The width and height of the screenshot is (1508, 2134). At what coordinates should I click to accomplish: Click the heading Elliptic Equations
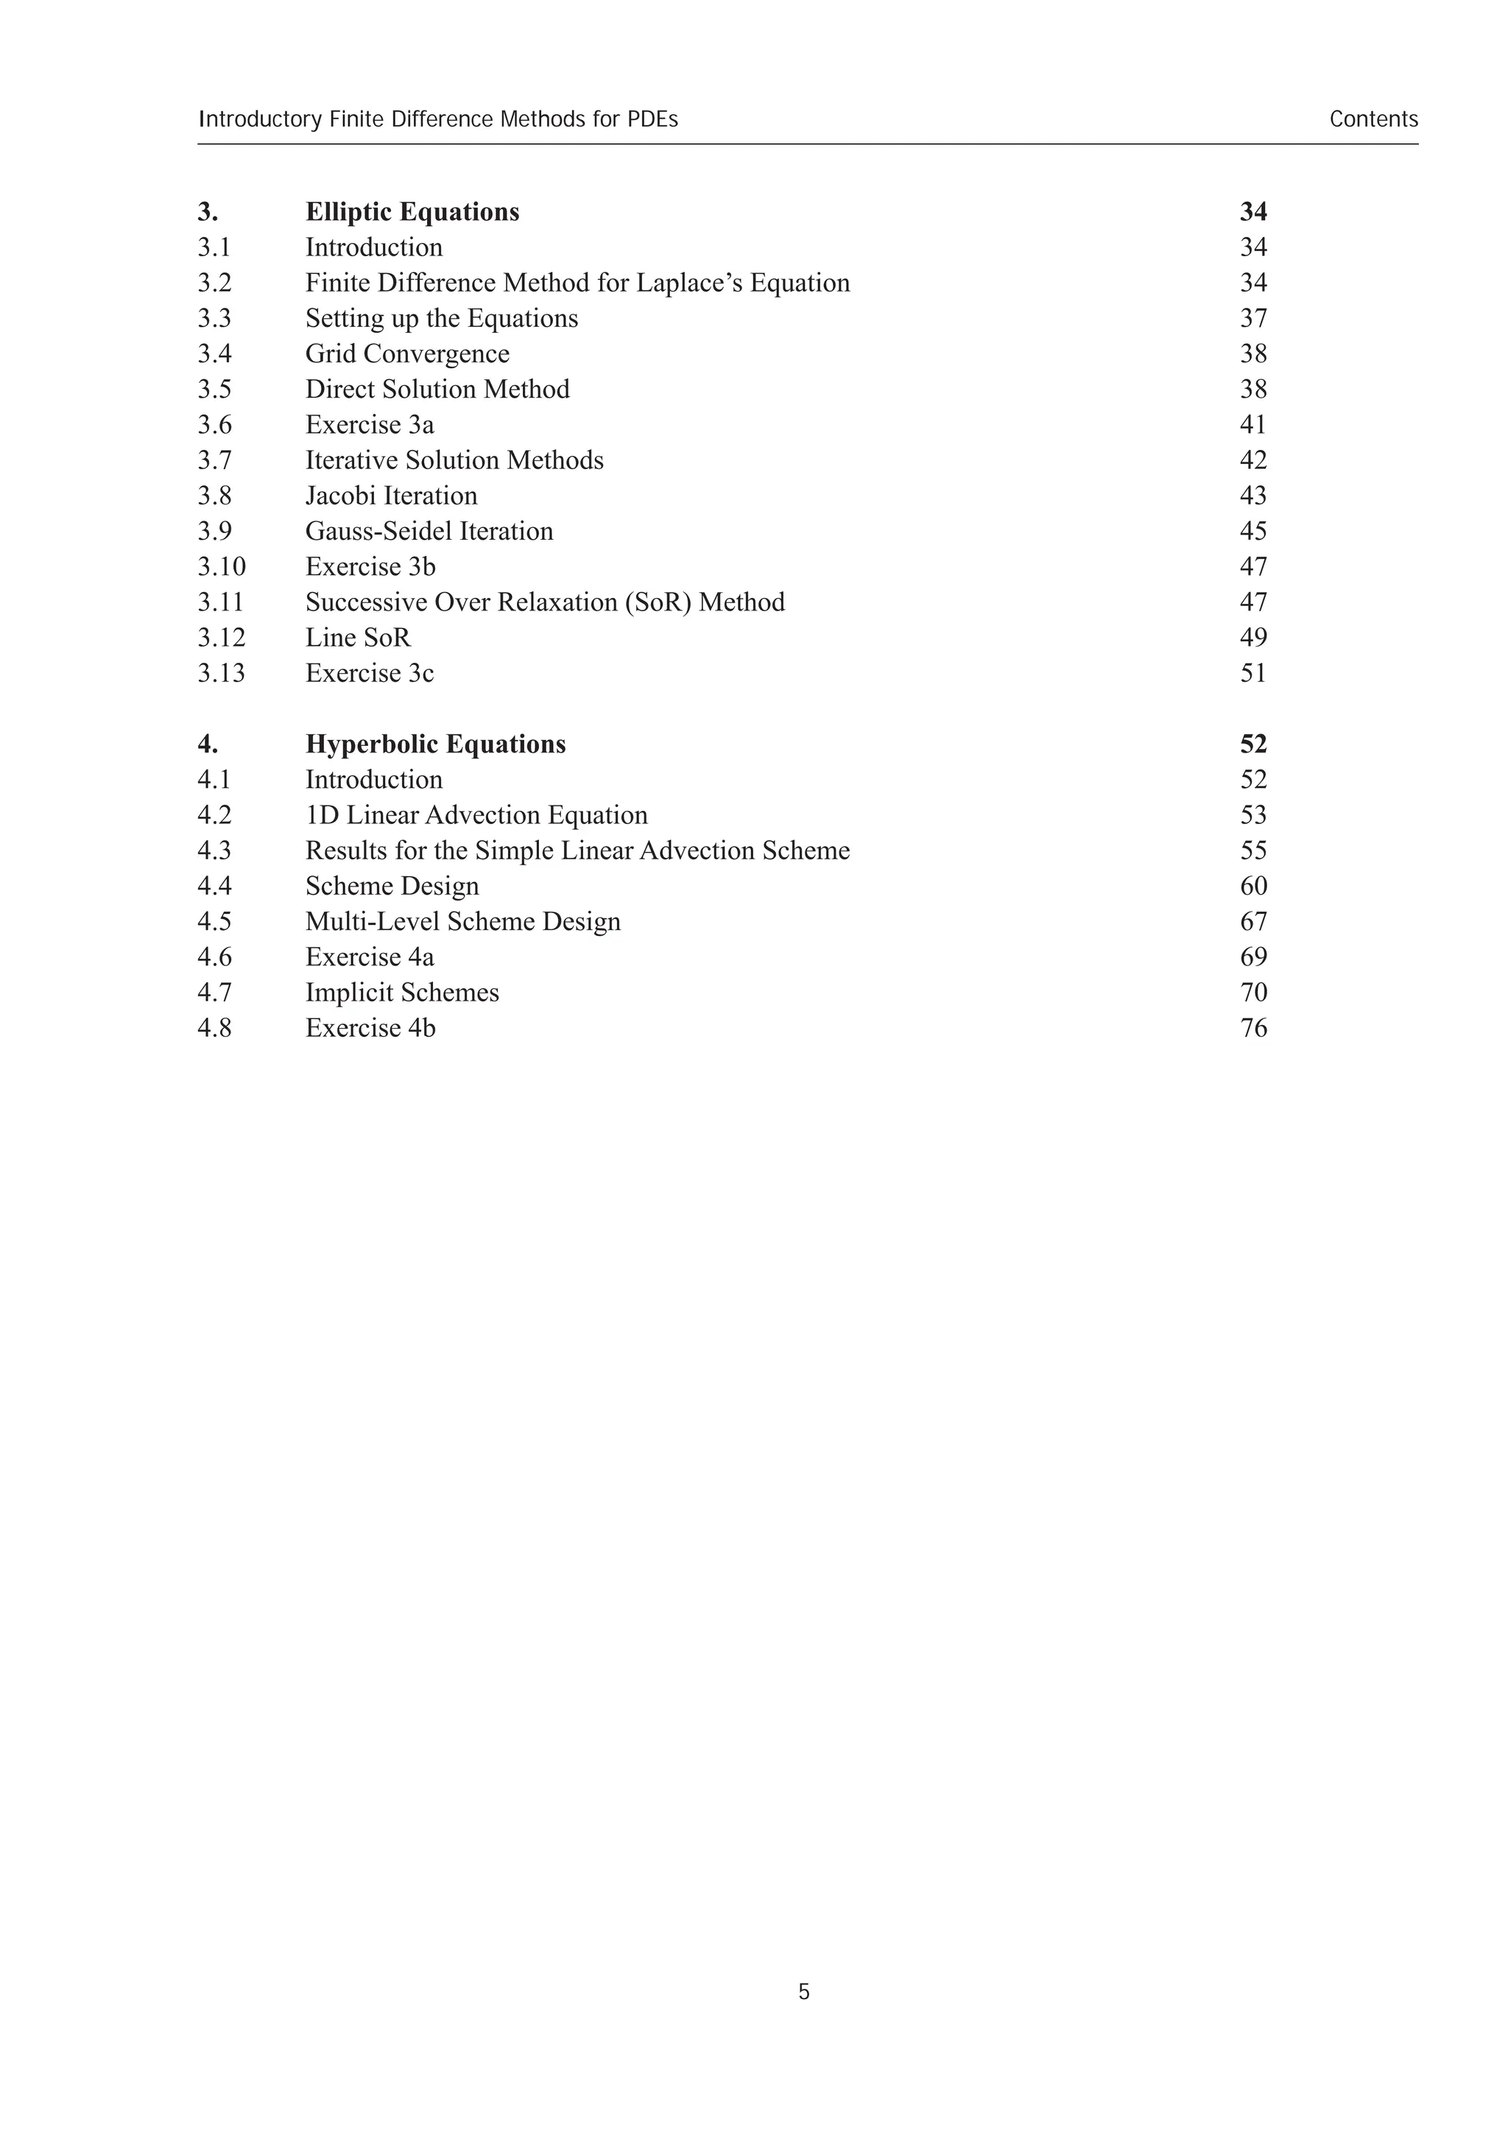coord(412,212)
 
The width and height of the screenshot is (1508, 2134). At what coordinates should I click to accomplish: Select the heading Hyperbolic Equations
coord(435,744)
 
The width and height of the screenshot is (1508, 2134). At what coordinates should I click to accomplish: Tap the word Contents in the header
coord(1373,120)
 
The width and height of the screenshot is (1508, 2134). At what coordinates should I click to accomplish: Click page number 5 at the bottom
coord(804,1992)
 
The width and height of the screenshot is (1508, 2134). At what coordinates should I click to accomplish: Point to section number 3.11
coord(220,602)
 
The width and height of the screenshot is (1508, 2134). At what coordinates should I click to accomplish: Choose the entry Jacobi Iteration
coord(391,496)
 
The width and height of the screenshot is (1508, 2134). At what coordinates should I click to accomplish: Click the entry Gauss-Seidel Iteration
coord(429,532)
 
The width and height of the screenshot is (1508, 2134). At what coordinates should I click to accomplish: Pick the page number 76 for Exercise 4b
coord(1253,1028)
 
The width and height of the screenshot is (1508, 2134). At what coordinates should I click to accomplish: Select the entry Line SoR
coord(358,638)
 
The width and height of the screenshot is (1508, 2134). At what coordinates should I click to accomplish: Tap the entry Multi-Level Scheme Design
coord(462,922)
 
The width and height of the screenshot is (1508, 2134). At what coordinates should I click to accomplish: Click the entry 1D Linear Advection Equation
coord(476,815)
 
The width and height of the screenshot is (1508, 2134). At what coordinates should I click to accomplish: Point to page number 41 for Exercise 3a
coord(1253,425)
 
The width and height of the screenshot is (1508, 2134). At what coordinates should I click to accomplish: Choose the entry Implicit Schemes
coord(402,993)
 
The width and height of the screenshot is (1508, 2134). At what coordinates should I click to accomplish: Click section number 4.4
coord(214,887)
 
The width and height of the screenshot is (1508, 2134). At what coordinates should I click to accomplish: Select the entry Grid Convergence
coord(407,354)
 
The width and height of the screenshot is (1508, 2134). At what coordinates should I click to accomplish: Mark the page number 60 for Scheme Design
coord(1253,887)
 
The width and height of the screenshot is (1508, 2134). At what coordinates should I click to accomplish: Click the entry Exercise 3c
coord(369,673)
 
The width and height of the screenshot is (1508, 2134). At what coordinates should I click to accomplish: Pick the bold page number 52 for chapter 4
coord(1253,744)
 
